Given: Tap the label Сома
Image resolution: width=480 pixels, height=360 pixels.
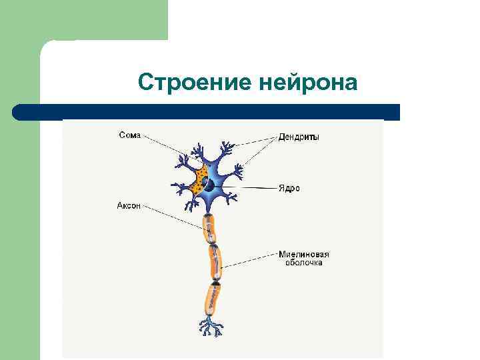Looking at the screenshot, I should tap(129, 135).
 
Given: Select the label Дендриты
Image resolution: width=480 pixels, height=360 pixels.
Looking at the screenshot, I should tap(299, 137).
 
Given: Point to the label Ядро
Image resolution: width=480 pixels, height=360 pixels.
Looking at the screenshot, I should tap(289, 188).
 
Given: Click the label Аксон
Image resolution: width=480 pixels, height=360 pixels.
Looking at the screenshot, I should tap(129, 206).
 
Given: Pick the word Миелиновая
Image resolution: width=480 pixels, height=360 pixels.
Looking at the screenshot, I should tap(303, 254).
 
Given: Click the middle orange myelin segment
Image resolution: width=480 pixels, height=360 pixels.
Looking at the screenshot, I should tap(215, 262).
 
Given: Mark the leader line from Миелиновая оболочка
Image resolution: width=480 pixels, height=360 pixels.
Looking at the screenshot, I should tap(250, 261).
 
